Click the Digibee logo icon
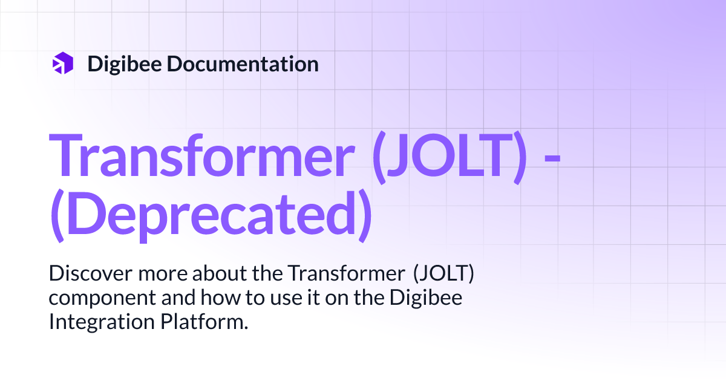[x=62, y=63]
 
